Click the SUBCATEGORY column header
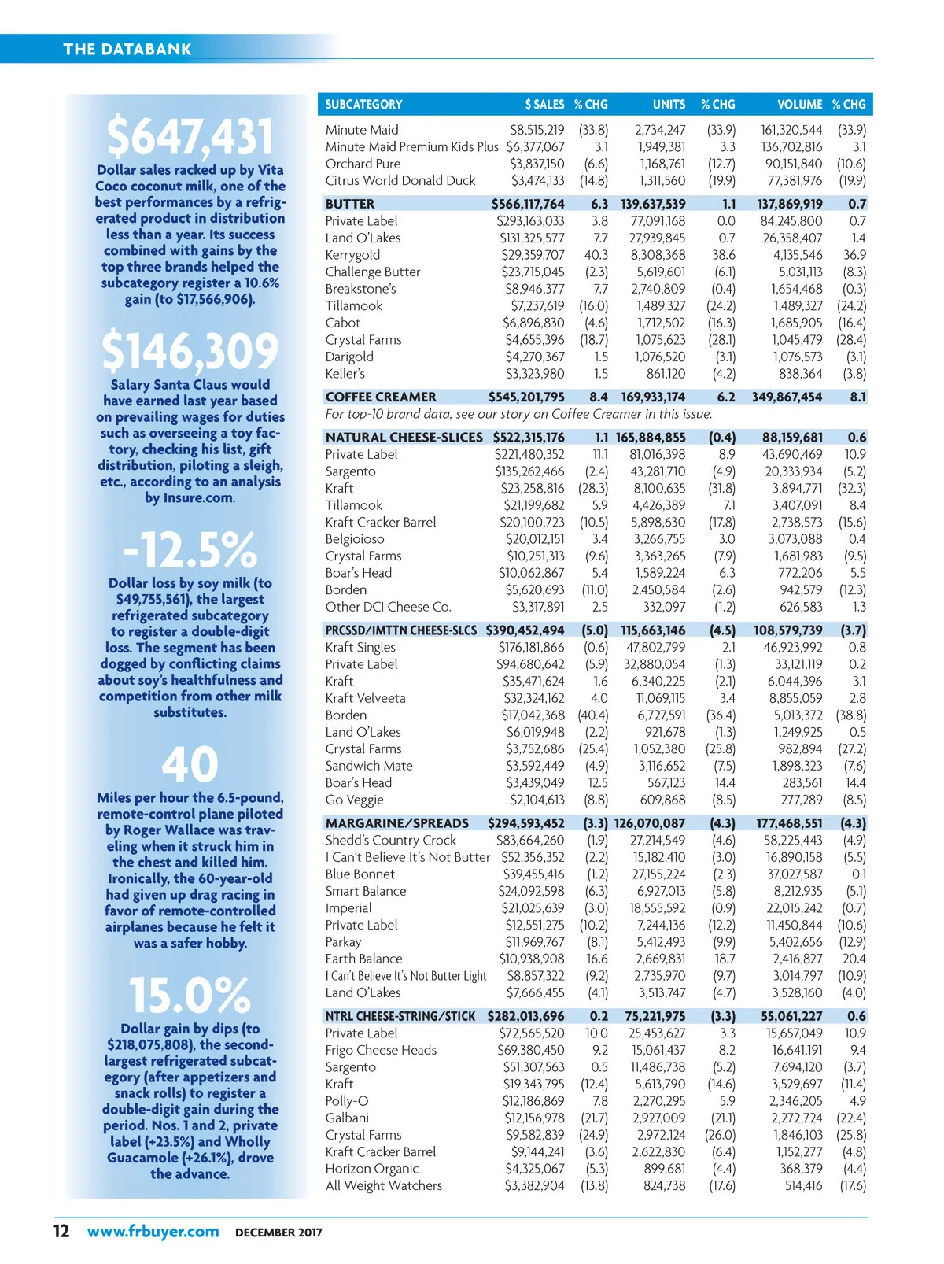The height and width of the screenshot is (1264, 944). [x=363, y=104]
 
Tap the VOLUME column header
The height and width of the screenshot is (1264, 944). [x=799, y=104]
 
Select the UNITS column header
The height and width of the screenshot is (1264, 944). [x=669, y=104]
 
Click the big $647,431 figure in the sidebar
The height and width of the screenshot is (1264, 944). [x=190, y=136]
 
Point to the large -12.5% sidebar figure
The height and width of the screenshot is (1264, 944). [x=190, y=549]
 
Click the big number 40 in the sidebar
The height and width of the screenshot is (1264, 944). [x=190, y=763]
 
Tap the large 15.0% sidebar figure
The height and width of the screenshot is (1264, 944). [x=190, y=995]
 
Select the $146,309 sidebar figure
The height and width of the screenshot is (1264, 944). [x=190, y=351]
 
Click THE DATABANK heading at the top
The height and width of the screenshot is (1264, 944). [x=127, y=49]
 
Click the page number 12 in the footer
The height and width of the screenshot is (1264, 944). [x=61, y=1231]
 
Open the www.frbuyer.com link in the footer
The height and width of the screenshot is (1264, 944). [x=153, y=1231]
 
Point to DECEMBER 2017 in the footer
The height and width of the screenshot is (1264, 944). [x=278, y=1233]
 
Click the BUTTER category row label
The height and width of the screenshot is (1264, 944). [x=350, y=204]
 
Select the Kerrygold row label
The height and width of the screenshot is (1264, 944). [x=352, y=255]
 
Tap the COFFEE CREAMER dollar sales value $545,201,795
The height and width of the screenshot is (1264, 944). [x=526, y=397]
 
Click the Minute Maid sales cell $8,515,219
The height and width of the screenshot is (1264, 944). [x=537, y=130]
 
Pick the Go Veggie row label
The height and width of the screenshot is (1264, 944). [x=355, y=800]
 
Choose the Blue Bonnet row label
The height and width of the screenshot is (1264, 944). [x=360, y=874]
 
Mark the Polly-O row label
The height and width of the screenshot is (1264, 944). [x=347, y=1101]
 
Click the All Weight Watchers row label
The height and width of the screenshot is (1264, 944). [x=384, y=1185]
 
